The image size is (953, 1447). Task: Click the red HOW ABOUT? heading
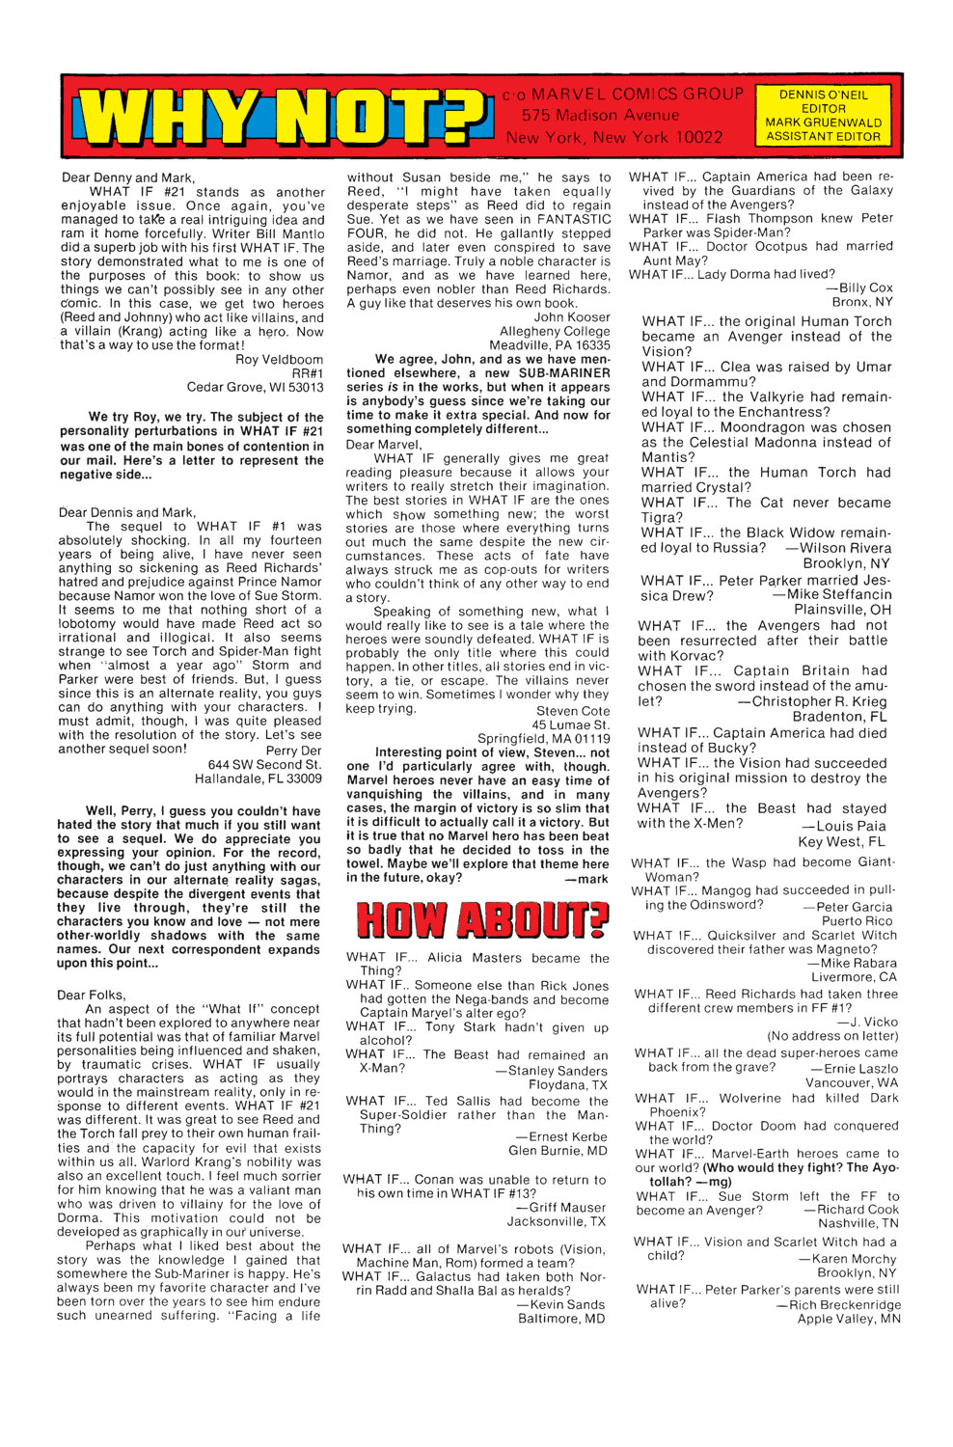point(482,920)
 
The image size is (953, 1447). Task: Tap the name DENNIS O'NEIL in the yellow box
point(823,95)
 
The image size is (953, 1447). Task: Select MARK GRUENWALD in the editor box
point(823,123)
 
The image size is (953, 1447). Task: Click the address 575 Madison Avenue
point(600,115)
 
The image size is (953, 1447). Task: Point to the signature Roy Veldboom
point(279,360)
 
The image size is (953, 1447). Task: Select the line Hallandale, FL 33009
point(258,778)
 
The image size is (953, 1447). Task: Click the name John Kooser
point(572,317)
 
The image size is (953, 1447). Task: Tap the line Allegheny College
point(555,331)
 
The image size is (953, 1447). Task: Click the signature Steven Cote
point(573,711)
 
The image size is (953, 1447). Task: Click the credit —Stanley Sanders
point(551,1071)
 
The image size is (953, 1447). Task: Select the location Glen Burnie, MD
point(558,1151)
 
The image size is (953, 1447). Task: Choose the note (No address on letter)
point(832,1036)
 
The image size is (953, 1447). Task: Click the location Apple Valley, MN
point(848,1320)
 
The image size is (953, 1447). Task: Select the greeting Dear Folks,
point(92,995)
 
